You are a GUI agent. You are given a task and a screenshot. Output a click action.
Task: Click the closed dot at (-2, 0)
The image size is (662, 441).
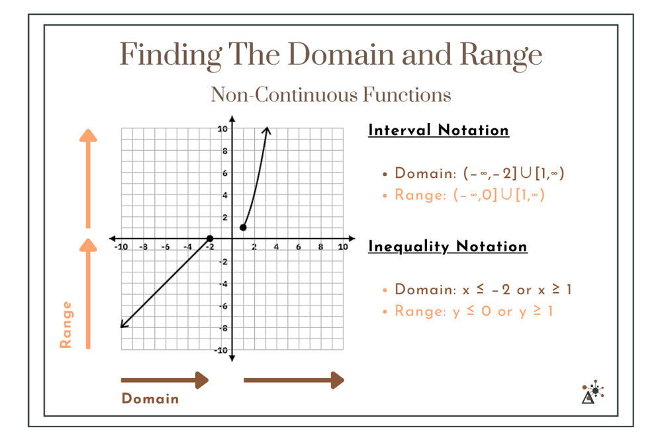click(x=210, y=238)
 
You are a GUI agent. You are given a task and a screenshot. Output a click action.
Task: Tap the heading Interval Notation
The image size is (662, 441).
click(x=438, y=130)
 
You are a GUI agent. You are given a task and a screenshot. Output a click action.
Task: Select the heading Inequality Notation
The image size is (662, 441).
click(x=448, y=247)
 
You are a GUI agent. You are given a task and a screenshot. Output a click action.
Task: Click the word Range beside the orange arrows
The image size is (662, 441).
click(x=66, y=324)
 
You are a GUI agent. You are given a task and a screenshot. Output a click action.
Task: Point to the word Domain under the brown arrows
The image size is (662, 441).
click(x=150, y=399)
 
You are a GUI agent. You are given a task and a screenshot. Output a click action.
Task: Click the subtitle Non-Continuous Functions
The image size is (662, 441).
click(x=331, y=95)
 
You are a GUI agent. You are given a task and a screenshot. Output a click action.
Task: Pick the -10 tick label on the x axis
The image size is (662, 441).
click(x=120, y=247)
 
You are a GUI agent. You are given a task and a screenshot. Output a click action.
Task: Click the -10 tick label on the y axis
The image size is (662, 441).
click(x=223, y=350)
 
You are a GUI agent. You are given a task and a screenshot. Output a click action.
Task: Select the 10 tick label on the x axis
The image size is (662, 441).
click(x=342, y=247)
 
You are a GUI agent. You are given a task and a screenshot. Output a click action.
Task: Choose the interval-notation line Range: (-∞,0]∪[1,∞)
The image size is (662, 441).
click(x=469, y=195)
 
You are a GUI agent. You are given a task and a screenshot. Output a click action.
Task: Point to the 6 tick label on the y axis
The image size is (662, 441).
click(x=226, y=173)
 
